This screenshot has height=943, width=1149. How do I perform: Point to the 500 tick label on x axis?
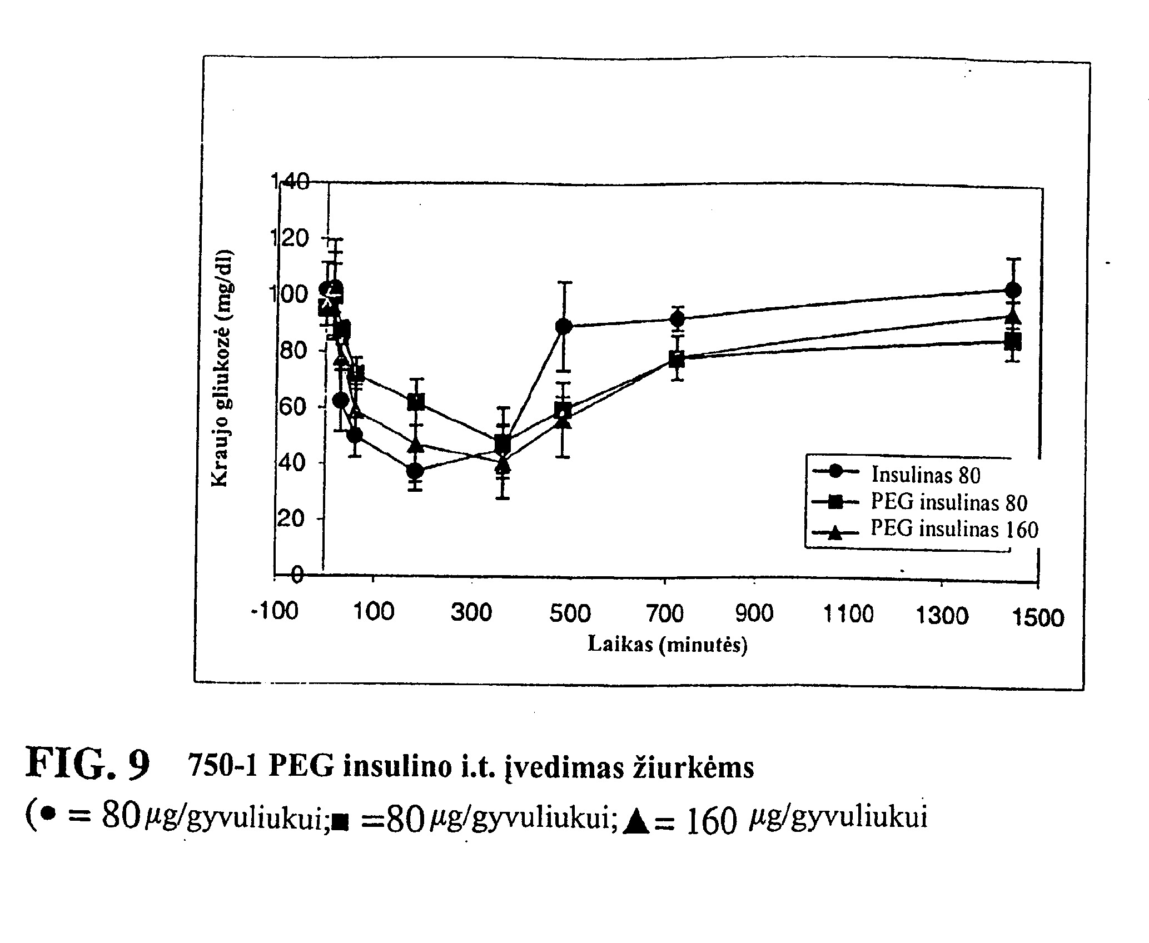coord(570,613)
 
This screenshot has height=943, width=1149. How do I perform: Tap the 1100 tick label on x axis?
coord(848,615)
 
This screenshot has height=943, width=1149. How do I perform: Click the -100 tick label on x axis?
coord(275,611)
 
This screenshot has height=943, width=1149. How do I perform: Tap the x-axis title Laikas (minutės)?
coord(667,645)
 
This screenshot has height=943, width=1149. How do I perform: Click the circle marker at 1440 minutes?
coord(1013,290)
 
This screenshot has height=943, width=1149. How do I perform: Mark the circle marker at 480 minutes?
coord(564,326)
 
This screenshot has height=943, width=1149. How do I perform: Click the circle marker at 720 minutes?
coord(677,319)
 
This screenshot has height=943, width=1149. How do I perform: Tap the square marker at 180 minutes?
coord(416,402)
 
